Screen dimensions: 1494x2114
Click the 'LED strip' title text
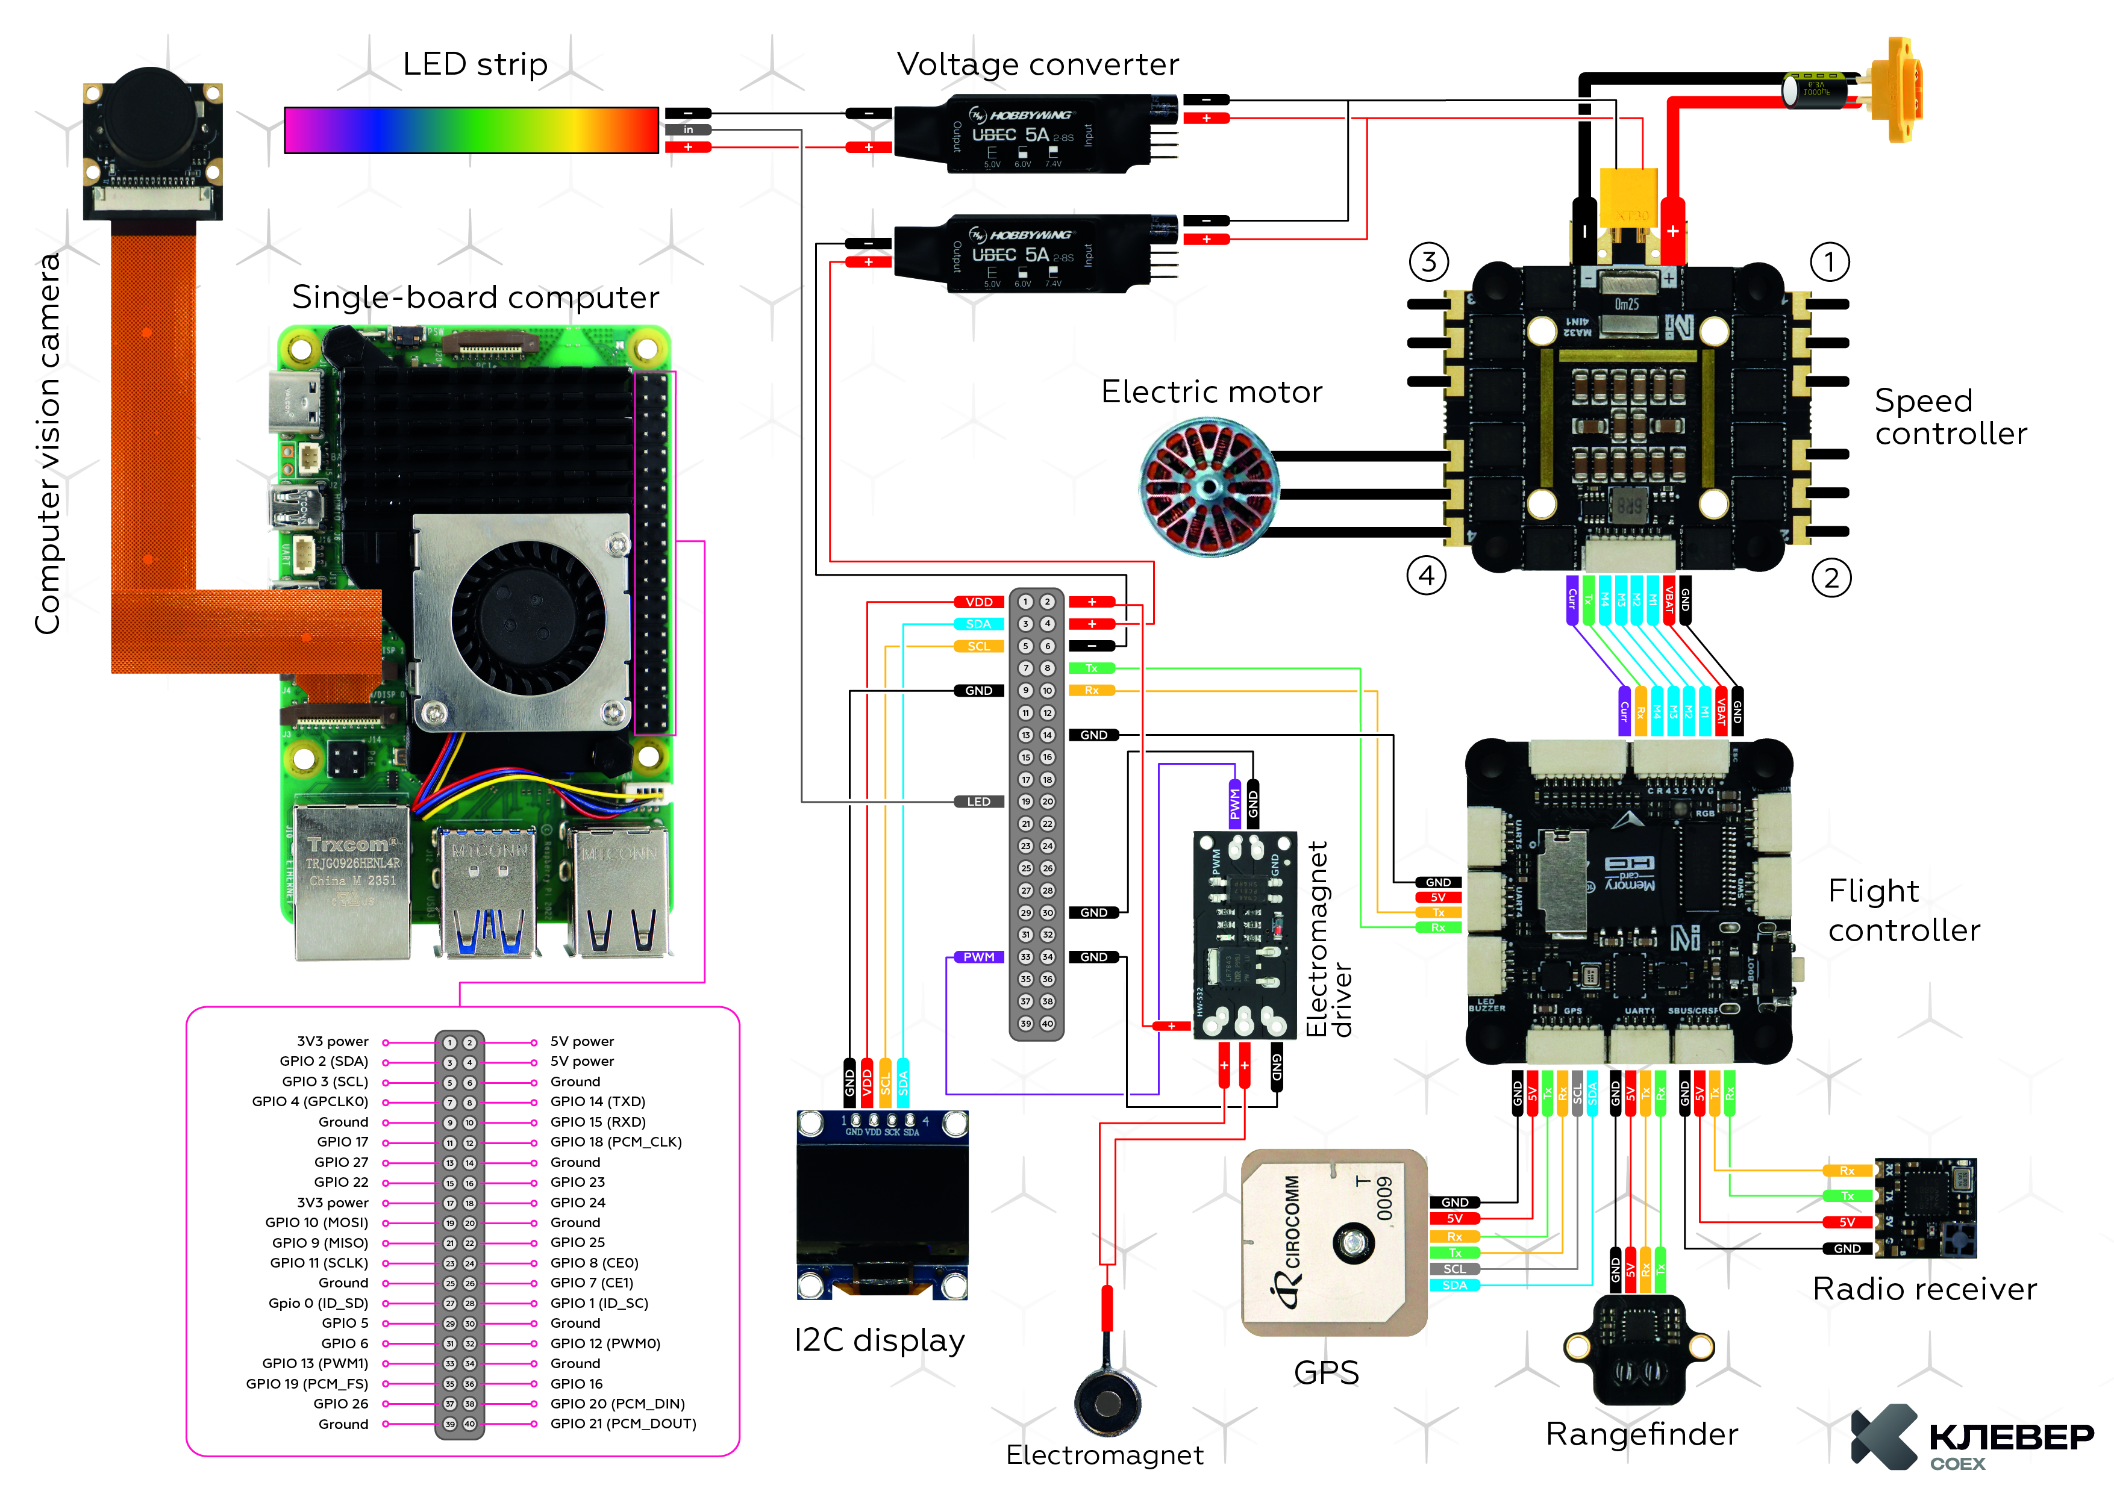475,64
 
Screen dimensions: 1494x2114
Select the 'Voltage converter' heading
1037,64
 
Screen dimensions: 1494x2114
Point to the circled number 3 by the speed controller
1428,263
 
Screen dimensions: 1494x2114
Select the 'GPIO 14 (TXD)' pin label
598,1102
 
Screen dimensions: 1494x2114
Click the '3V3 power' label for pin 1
333,1041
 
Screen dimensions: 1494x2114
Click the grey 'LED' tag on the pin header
979,801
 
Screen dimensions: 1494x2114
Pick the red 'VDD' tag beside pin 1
979,602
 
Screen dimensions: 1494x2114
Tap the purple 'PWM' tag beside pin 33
979,957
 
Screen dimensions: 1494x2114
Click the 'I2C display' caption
880,1340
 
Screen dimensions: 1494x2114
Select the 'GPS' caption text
1326,1372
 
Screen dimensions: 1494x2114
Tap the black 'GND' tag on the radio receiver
1847,1249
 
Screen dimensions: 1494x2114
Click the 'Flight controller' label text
1903,910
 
